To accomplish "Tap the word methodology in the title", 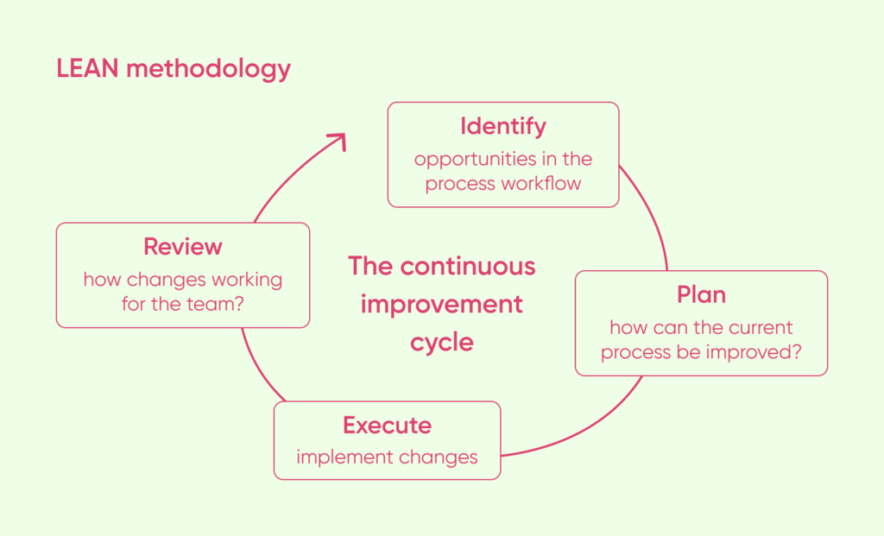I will click(x=209, y=69).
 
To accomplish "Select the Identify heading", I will click(x=502, y=126).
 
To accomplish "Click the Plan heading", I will click(x=701, y=294).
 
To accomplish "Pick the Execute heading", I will click(x=387, y=425).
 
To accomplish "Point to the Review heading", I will click(x=183, y=246).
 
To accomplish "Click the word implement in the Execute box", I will click(x=337, y=457).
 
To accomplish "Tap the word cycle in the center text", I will click(x=442, y=342).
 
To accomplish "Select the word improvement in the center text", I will click(x=442, y=305).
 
